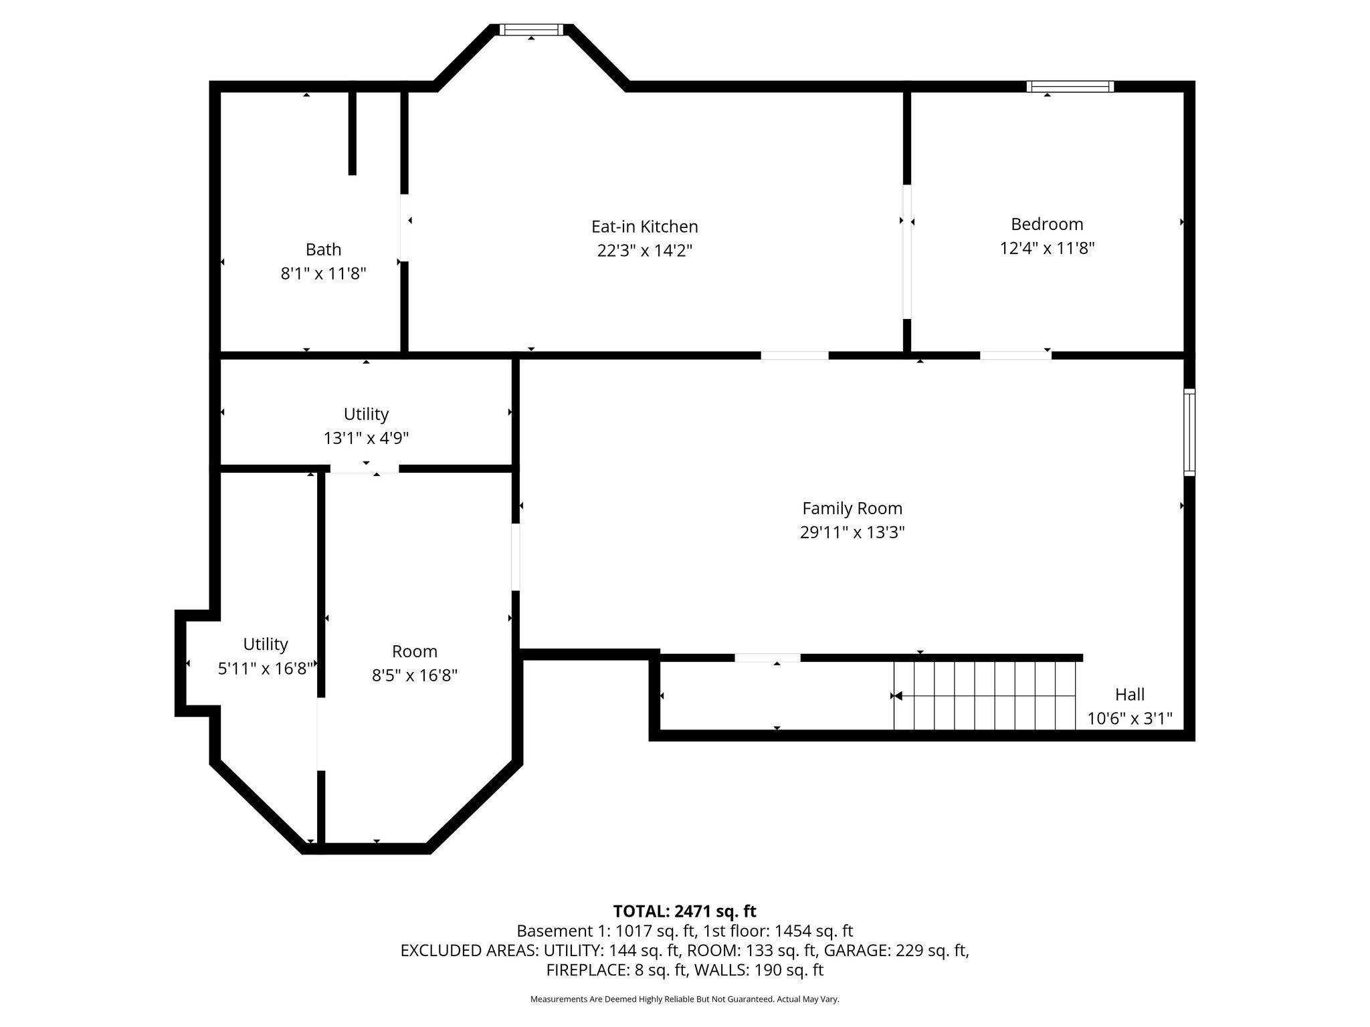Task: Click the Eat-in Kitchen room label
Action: pos(644,227)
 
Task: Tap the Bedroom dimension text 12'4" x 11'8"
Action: pos(1047,249)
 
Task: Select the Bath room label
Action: pos(323,249)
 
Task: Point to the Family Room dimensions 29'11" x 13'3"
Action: pos(852,532)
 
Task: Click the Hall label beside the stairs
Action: pos(1130,694)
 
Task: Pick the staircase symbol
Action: pos(985,695)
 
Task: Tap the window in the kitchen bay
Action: pos(531,29)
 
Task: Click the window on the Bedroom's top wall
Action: pos(1070,86)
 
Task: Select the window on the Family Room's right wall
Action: pos(1189,432)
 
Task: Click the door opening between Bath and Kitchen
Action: pos(405,227)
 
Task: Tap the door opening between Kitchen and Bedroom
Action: pos(907,251)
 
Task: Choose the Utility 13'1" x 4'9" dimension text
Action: pos(366,439)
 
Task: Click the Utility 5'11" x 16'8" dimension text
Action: pos(266,669)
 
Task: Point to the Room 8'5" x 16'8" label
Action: pos(415,651)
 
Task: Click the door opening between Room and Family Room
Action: pos(515,557)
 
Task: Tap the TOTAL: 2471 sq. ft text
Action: pos(684,911)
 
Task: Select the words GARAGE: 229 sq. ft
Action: pos(896,950)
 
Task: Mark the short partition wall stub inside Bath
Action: pos(353,132)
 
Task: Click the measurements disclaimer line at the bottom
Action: pos(684,999)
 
